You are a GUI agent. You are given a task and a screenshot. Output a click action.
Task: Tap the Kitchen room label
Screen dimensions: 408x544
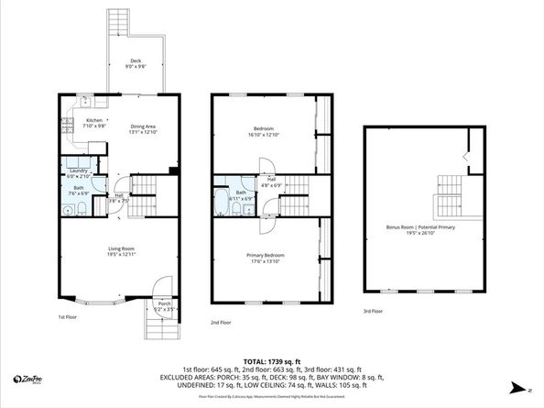coord(94,120)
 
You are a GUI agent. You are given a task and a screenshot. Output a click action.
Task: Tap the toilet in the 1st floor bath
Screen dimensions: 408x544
coord(83,210)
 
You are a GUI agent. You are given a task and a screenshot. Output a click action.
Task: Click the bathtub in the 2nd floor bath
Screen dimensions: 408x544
coord(221,204)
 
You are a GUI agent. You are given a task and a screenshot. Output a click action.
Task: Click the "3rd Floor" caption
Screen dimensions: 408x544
coord(373,312)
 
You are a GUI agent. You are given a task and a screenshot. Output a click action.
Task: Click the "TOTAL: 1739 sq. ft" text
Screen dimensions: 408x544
coord(272,360)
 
